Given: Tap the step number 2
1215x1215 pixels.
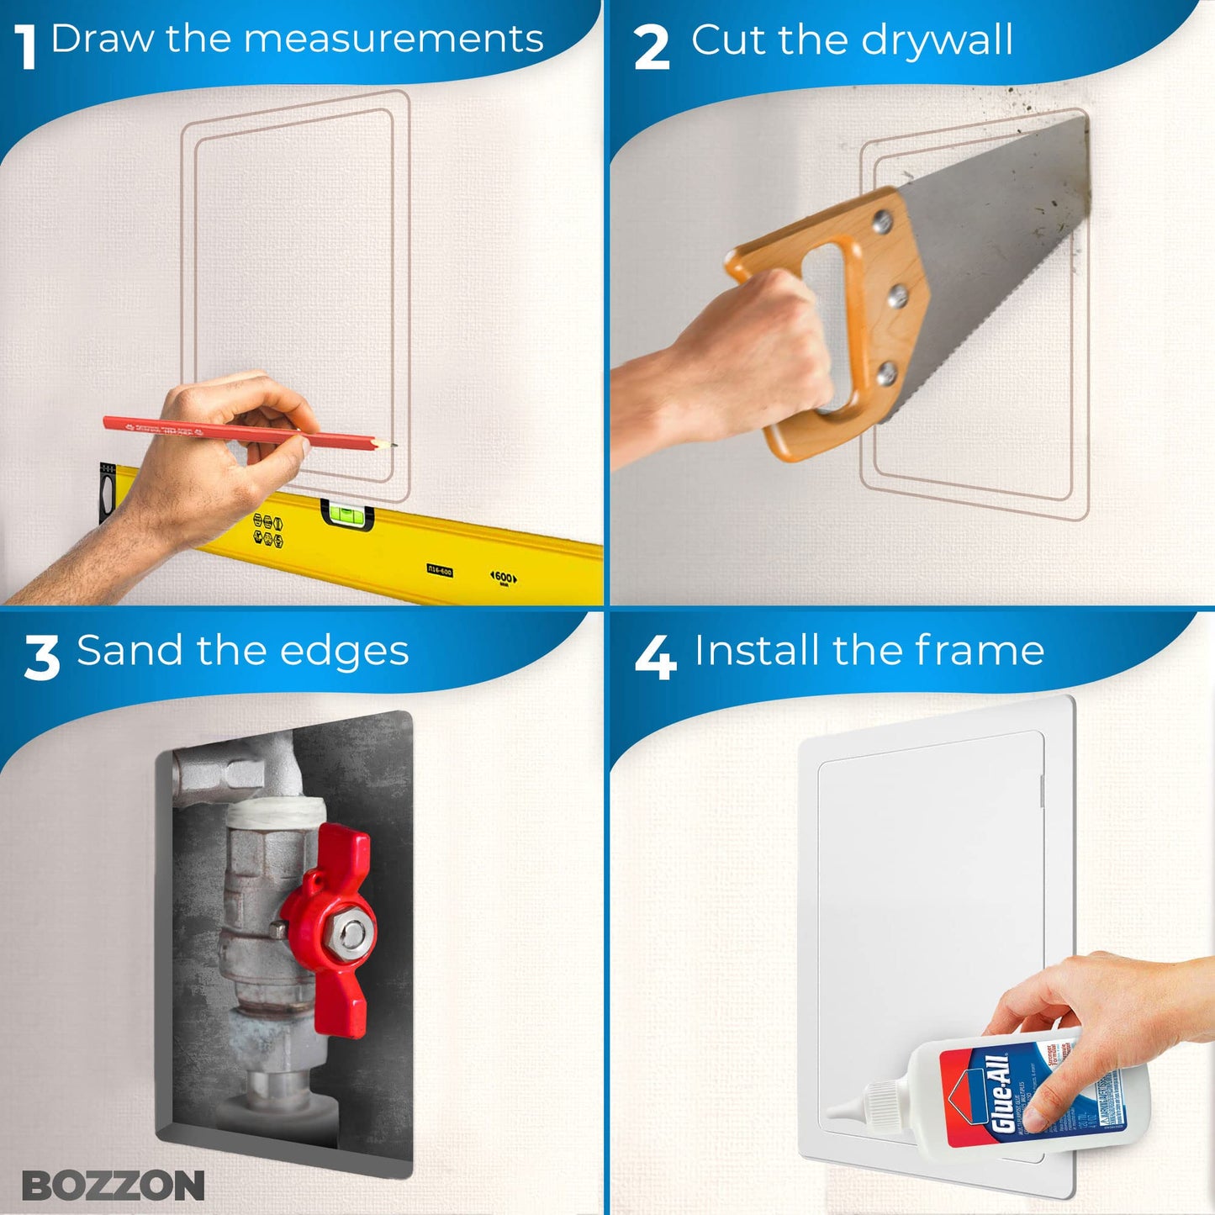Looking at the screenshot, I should (x=652, y=47).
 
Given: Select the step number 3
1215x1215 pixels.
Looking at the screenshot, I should (x=41, y=657).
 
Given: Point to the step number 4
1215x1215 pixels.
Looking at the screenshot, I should (x=655, y=657).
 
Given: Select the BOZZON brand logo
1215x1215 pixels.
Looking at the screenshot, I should (x=113, y=1186).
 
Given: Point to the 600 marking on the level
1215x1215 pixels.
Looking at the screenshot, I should (x=503, y=578).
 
